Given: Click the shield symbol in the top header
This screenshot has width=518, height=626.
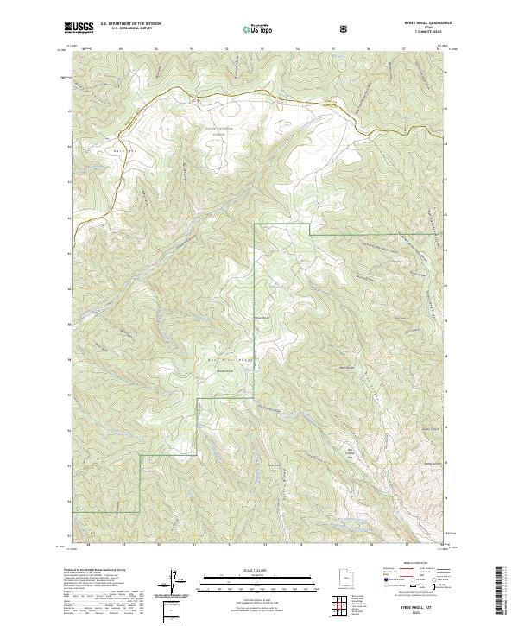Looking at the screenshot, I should pyautogui.click(x=345, y=28).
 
